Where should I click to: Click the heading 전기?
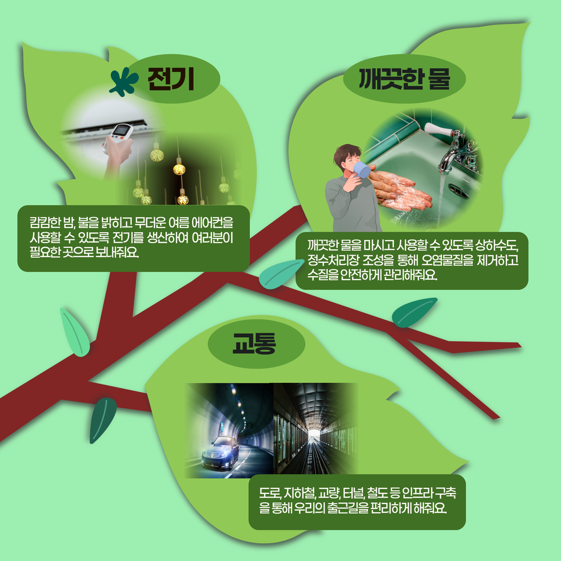[x=171, y=79]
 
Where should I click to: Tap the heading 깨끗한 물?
[x=404, y=79]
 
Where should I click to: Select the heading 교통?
[x=254, y=343]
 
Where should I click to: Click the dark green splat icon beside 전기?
[x=124, y=82]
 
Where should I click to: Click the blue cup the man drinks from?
[x=362, y=169]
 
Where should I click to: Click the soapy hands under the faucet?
[x=397, y=190]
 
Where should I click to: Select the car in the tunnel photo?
[x=220, y=452]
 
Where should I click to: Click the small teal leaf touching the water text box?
[x=281, y=274]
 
